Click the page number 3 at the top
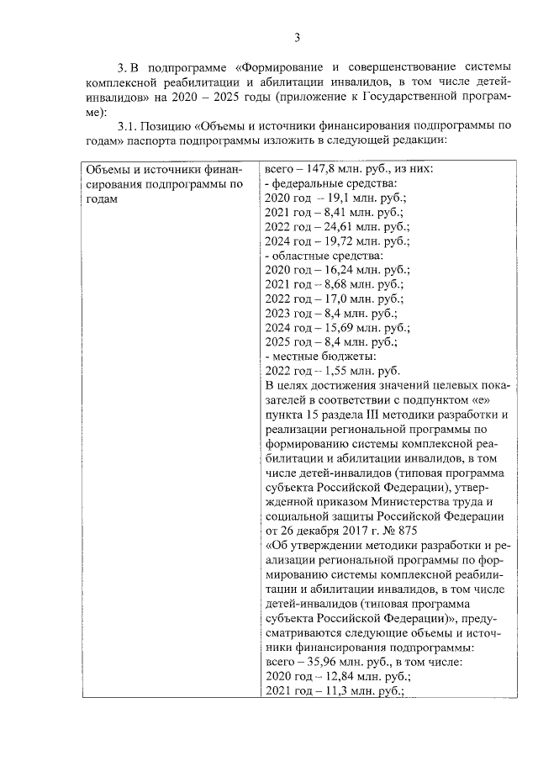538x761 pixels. tap(298, 37)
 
